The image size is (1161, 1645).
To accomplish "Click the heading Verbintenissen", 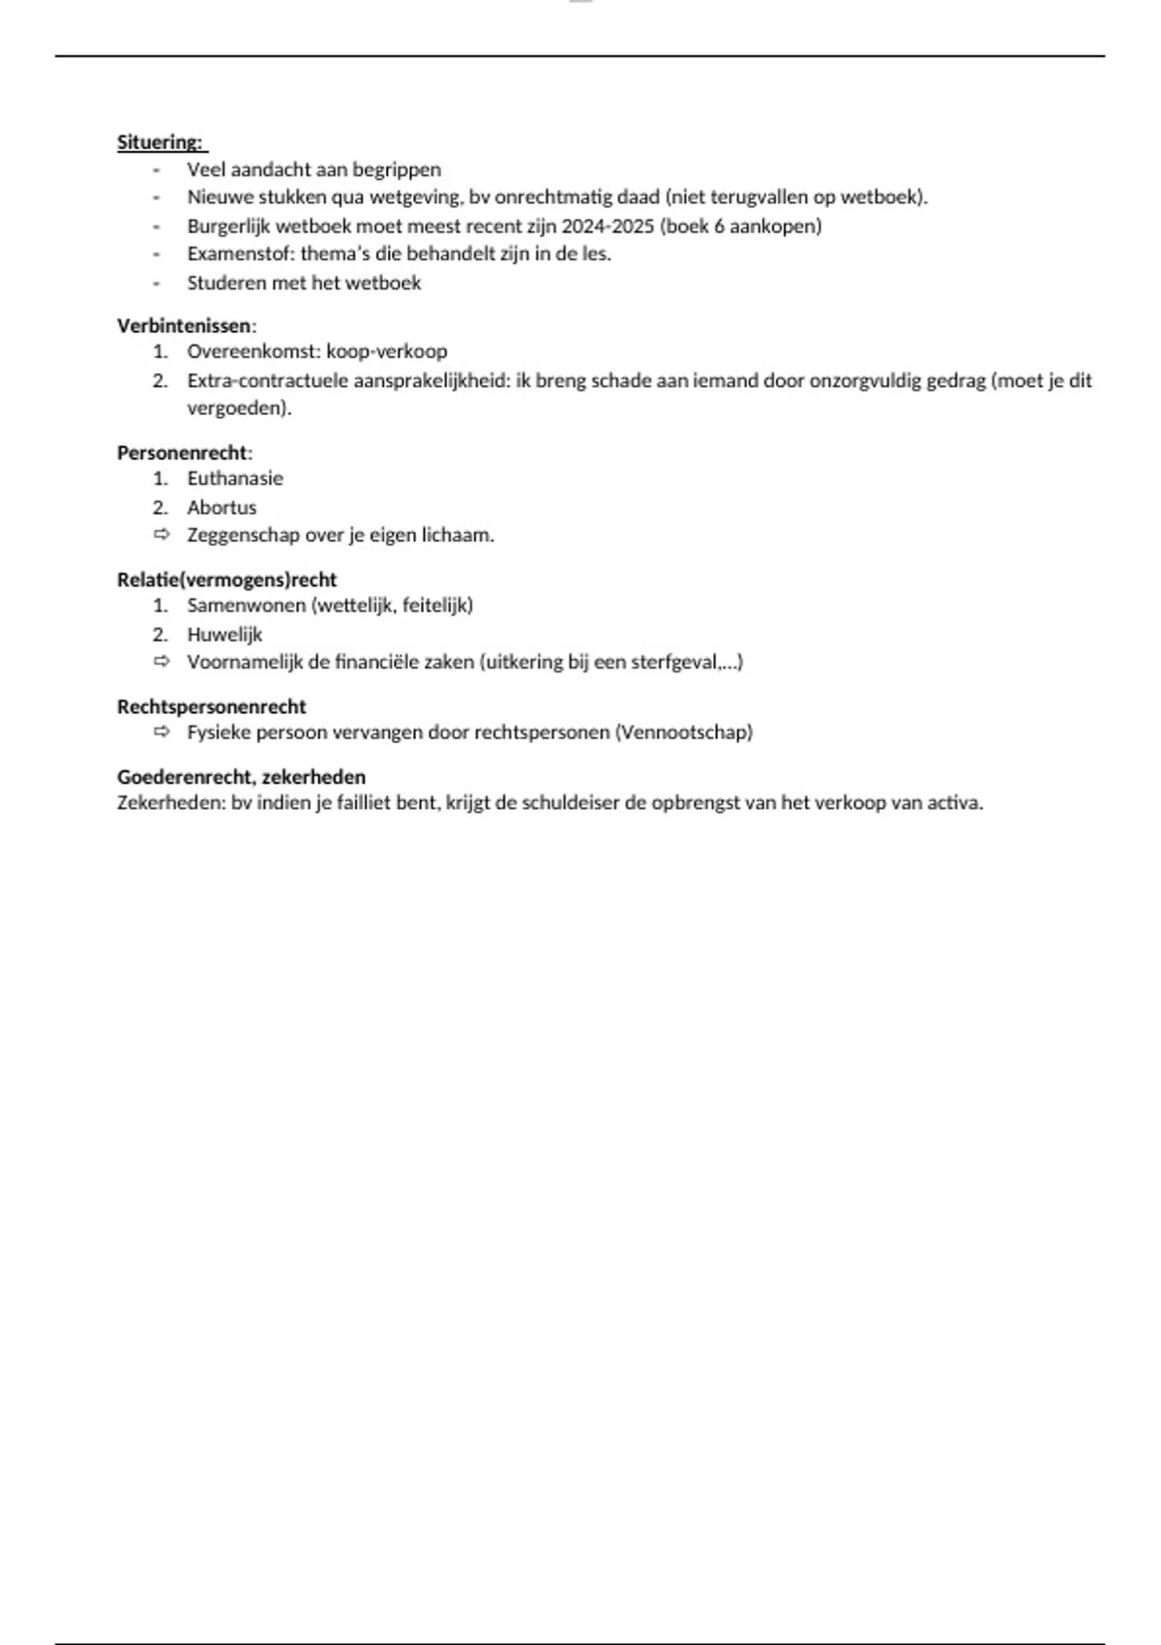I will coord(184,326).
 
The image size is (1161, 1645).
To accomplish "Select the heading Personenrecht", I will coord(182,453).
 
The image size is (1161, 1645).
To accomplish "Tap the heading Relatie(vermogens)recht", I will coord(227,580).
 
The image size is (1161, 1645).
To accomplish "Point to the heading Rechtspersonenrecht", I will coord(212,707).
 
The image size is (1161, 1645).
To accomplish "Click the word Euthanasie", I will coord(235,478).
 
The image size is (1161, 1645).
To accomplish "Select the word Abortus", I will coord(222,507).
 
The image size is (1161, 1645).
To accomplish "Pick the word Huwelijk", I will coord(224,635).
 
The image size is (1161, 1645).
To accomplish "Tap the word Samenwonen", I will coord(246,606).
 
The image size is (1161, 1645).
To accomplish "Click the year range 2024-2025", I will coord(608,226).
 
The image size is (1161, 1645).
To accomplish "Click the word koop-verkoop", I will coord(386,351).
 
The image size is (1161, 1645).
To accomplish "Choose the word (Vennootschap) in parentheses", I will coord(683,733).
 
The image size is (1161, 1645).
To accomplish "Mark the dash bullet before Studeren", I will coord(156,284).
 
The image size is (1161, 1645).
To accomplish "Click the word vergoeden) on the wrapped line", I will coord(239,408).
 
